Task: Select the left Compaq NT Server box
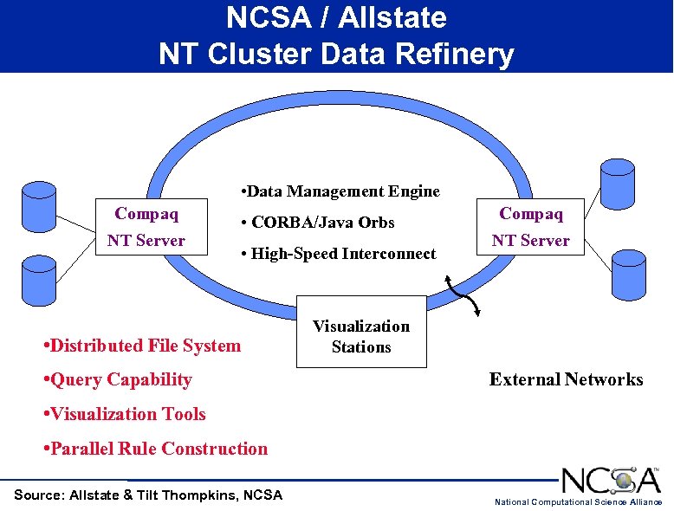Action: point(147,227)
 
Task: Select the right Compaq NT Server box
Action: point(530,227)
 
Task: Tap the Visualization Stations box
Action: point(361,336)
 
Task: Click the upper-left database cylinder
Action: point(38,202)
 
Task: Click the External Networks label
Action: point(566,379)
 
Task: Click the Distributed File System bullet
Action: point(142,346)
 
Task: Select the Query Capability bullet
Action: point(118,379)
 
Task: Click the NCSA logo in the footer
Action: point(610,481)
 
